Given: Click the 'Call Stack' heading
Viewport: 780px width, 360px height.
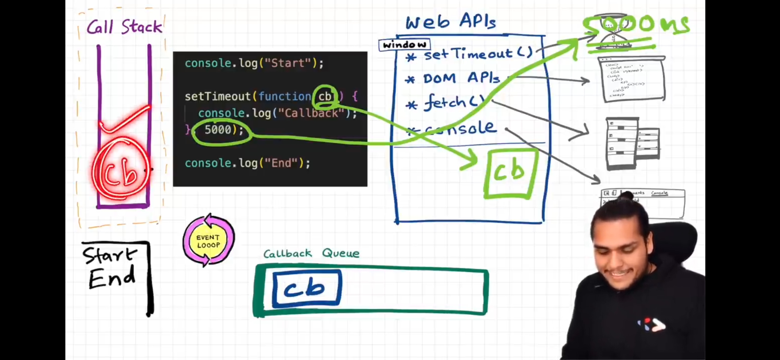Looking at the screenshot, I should (124, 27).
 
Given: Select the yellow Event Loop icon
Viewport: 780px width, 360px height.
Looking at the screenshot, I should (208, 241).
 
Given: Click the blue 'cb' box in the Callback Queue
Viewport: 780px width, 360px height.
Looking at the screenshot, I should (306, 288).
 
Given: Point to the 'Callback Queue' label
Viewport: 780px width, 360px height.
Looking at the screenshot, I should (311, 254).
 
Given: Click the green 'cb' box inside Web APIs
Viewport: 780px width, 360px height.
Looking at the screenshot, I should (510, 173).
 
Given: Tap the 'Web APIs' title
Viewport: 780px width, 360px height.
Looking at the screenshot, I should (450, 22).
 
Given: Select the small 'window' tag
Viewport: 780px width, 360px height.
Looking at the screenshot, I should (404, 45).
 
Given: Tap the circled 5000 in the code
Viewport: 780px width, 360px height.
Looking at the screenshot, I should (218, 130).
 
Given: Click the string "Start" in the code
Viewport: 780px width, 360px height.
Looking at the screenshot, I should (288, 63).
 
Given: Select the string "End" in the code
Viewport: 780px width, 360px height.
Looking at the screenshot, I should (281, 163).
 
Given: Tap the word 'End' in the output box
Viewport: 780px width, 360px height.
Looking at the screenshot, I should (112, 278).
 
